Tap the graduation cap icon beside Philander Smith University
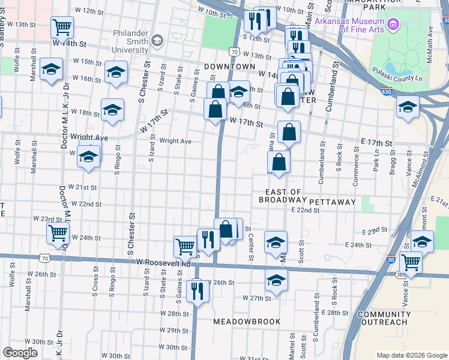(x=157, y=41)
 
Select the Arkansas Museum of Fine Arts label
(x=348, y=26)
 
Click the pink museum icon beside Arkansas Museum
(x=393, y=25)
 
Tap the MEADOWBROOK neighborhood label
(x=247, y=322)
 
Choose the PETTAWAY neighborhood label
(x=334, y=202)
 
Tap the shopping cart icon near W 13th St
(x=62, y=26)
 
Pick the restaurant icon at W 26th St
(x=197, y=290)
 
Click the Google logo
(x=20, y=353)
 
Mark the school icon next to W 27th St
(x=276, y=280)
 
